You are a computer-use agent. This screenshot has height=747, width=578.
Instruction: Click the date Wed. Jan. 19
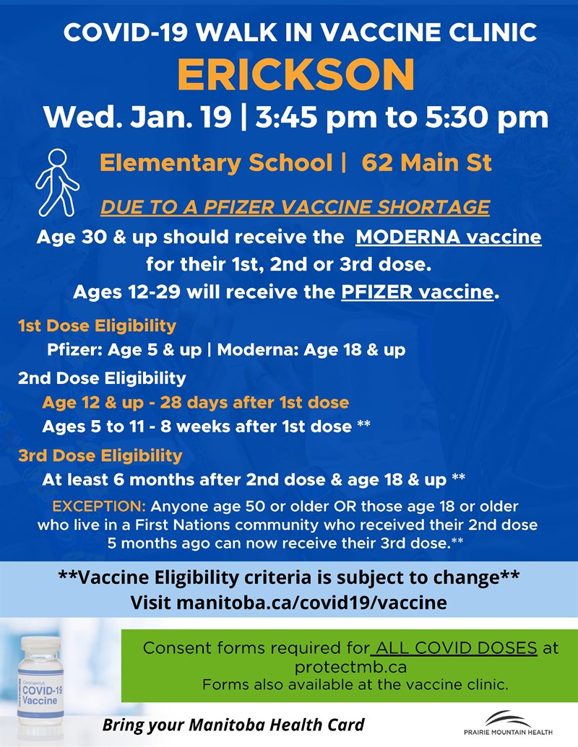coord(137,116)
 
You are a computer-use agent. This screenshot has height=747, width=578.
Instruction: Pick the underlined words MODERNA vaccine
coord(449,237)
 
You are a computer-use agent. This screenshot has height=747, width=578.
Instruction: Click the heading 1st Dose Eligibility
coord(97,326)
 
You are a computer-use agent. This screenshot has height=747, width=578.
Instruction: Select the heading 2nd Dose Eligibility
coord(102,377)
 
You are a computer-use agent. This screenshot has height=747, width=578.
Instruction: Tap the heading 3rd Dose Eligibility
coord(100,455)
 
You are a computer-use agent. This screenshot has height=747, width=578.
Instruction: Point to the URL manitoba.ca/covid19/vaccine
coord(288,602)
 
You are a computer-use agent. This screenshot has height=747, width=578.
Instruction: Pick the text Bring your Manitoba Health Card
coord(233,724)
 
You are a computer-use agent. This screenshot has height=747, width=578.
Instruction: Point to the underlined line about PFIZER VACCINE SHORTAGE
coord(295,207)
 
